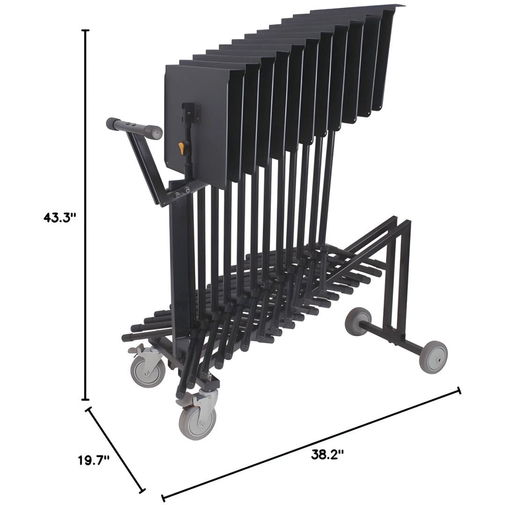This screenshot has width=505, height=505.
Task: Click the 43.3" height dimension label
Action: pyautogui.click(x=59, y=218)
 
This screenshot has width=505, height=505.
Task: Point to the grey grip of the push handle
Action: pyautogui.click(x=134, y=128)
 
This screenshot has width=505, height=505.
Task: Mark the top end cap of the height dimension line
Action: pyautogui.click(x=85, y=30)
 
